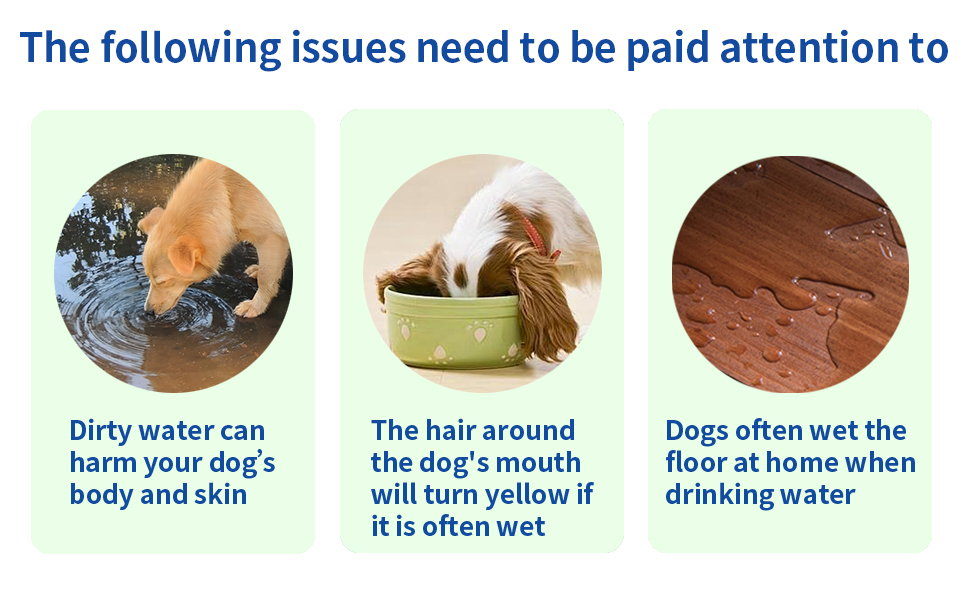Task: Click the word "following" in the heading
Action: (x=191, y=49)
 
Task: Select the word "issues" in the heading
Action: (x=348, y=48)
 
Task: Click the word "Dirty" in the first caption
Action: (x=99, y=432)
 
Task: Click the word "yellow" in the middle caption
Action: (x=526, y=496)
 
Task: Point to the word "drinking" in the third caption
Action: (x=713, y=496)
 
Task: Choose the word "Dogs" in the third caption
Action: (x=697, y=432)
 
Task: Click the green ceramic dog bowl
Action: (x=454, y=330)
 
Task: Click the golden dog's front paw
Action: (x=251, y=308)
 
